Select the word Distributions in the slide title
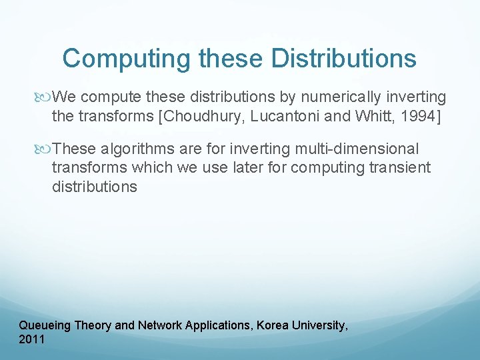[x=343, y=59]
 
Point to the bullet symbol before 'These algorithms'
[x=45, y=149]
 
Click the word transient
[x=398, y=167]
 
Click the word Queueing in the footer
[x=45, y=325]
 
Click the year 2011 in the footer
[x=32, y=339]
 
